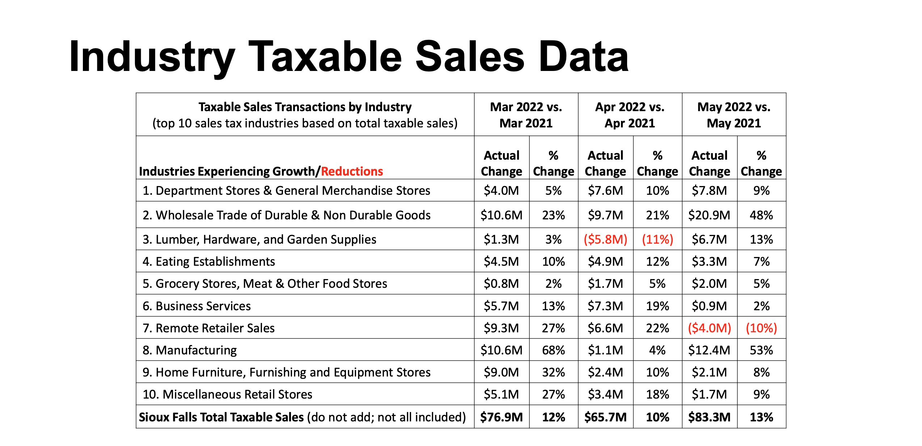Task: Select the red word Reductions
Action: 352,171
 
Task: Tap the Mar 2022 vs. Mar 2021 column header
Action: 526,115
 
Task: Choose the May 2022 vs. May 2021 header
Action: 733,115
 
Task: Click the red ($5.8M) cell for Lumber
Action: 605,239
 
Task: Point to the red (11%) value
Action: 657,239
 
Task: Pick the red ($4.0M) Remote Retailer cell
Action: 709,328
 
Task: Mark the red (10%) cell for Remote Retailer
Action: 761,328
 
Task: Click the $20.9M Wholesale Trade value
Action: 709,215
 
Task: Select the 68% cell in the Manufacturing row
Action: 553,350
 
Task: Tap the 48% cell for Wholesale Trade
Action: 761,215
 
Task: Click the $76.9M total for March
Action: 501,417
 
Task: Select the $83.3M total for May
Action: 709,417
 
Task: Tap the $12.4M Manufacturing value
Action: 709,350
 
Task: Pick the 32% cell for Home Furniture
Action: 553,372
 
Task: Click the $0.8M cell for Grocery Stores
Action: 501,283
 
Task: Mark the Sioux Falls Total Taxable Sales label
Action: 221,417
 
